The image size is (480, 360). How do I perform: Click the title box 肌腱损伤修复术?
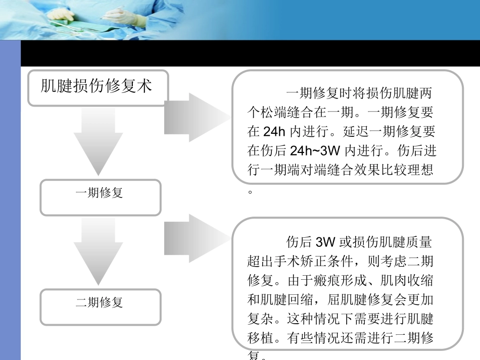coord(97,87)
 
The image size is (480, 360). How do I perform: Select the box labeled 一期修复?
coord(100,193)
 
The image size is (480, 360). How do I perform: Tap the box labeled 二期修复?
coord(100,302)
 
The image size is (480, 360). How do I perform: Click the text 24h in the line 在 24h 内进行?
coord(275,132)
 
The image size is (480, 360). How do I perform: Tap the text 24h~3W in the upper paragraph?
coord(313,151)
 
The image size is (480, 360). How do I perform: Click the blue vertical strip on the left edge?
coord(10,202)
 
